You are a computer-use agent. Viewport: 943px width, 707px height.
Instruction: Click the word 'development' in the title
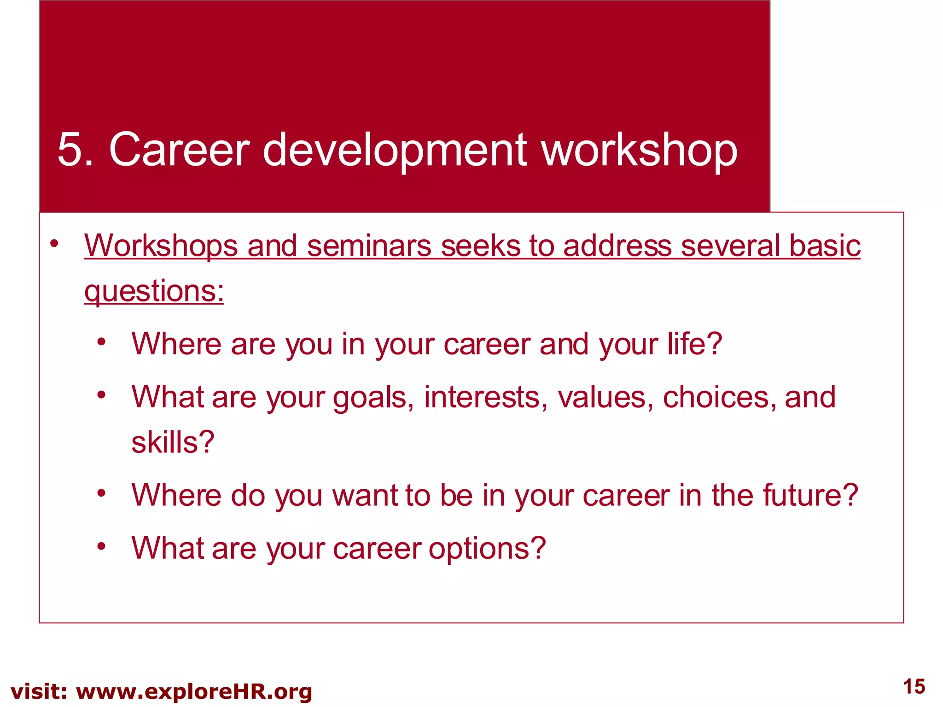coord(395,150)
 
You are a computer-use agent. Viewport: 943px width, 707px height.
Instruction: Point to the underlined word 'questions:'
coord(154,292)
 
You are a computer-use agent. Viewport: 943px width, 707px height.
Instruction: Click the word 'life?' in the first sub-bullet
coord(695,344)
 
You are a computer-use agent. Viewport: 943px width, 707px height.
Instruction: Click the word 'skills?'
coord(173,442)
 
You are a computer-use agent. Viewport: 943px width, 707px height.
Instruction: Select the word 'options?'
coord(487,548)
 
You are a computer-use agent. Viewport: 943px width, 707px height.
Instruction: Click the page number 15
coord(914,687)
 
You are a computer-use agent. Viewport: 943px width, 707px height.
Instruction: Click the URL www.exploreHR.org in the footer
coord(194,692)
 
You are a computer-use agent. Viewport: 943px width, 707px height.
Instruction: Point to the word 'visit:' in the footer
coord(39,692)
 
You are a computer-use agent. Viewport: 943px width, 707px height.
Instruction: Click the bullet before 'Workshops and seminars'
coord(55,244)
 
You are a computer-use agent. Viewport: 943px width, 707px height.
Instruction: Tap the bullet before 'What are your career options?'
coord(102,546)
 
